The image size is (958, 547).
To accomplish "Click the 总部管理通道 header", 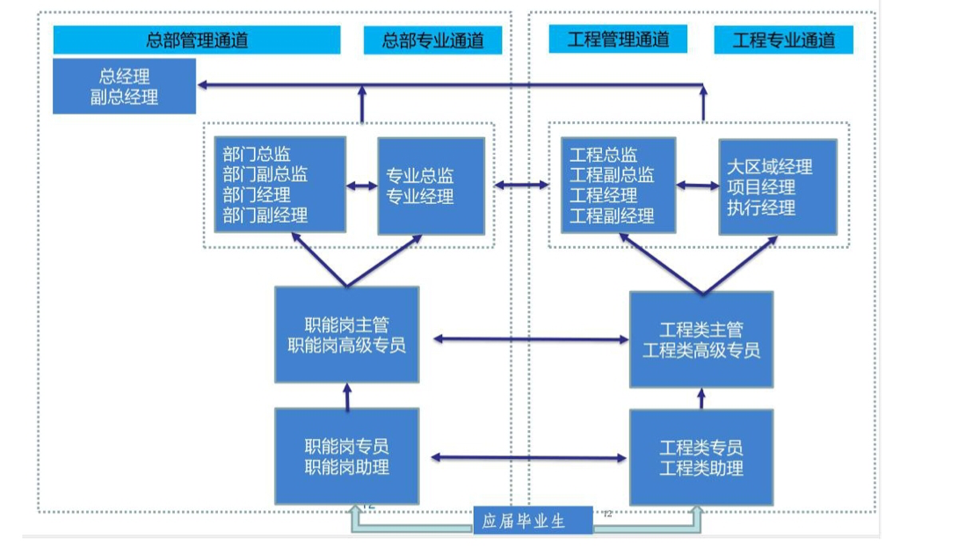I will (x=196, y=40).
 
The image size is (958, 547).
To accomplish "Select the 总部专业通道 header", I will (x=432, y=40).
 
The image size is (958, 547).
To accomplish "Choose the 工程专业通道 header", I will (x=782, y=40).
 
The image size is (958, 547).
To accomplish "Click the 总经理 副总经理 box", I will (x=124, y=86).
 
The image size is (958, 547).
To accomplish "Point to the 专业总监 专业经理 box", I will (x=431, y=186).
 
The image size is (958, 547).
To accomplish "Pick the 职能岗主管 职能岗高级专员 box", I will (x=346, y=335).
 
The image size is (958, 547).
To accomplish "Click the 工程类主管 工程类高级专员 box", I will (x=701, y=339).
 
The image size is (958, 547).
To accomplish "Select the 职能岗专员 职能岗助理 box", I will (x=346, y=456).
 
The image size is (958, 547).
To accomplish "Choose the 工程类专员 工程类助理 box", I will (x=701, y=457).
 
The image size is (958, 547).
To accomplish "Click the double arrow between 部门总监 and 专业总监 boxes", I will (x=361, y=186).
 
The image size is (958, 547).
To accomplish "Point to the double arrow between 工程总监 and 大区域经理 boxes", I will (x=698, y=186).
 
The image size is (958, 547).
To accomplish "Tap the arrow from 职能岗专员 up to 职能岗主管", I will (x=347, y=396).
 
